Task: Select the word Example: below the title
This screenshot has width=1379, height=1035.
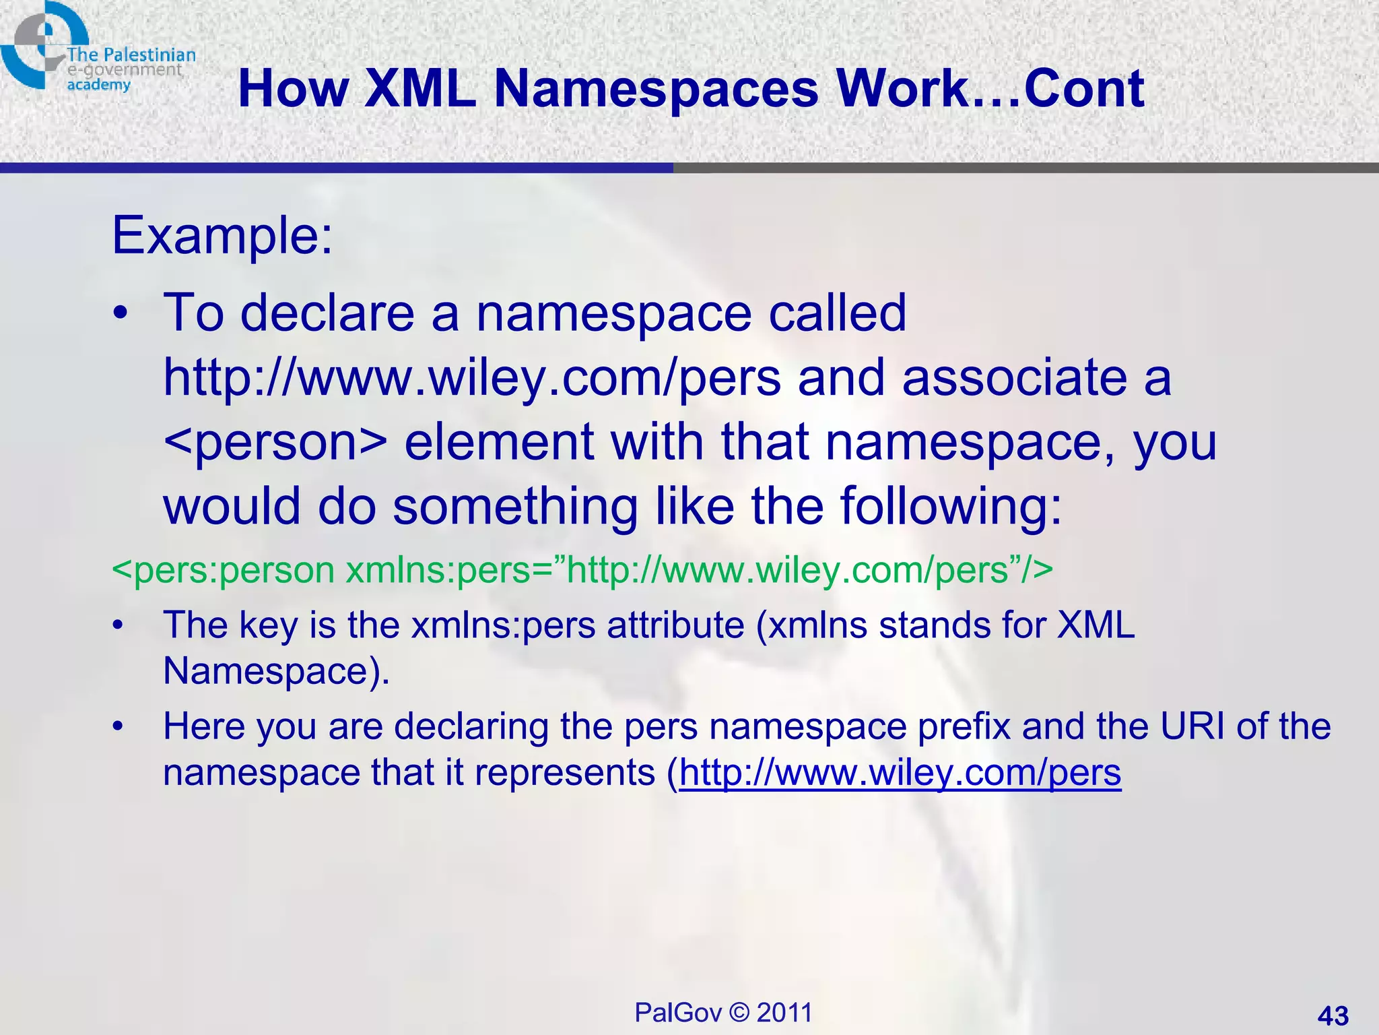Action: coord(222,237)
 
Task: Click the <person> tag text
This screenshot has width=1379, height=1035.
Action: coord(275,443)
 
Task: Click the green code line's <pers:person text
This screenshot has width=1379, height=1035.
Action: coord(223,570)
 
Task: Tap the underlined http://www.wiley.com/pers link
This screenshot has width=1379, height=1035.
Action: coord(900,772)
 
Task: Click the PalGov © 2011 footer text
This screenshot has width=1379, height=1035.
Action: coord(723,1012)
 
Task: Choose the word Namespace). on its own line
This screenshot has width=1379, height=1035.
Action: coord(276,671)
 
